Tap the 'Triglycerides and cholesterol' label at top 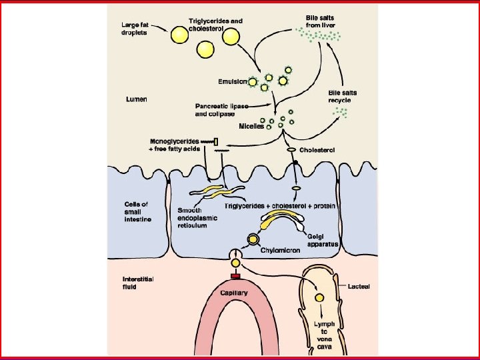point(215,24)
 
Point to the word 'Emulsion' point(233,82)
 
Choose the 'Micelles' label point(251,126)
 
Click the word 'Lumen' point(137,99)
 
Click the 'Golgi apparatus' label point(323,240)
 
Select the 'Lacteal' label point(359,286)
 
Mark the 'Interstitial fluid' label point(138,282)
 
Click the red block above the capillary point(235,276)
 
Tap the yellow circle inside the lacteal point(320,297)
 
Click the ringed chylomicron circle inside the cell point(253,239)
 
